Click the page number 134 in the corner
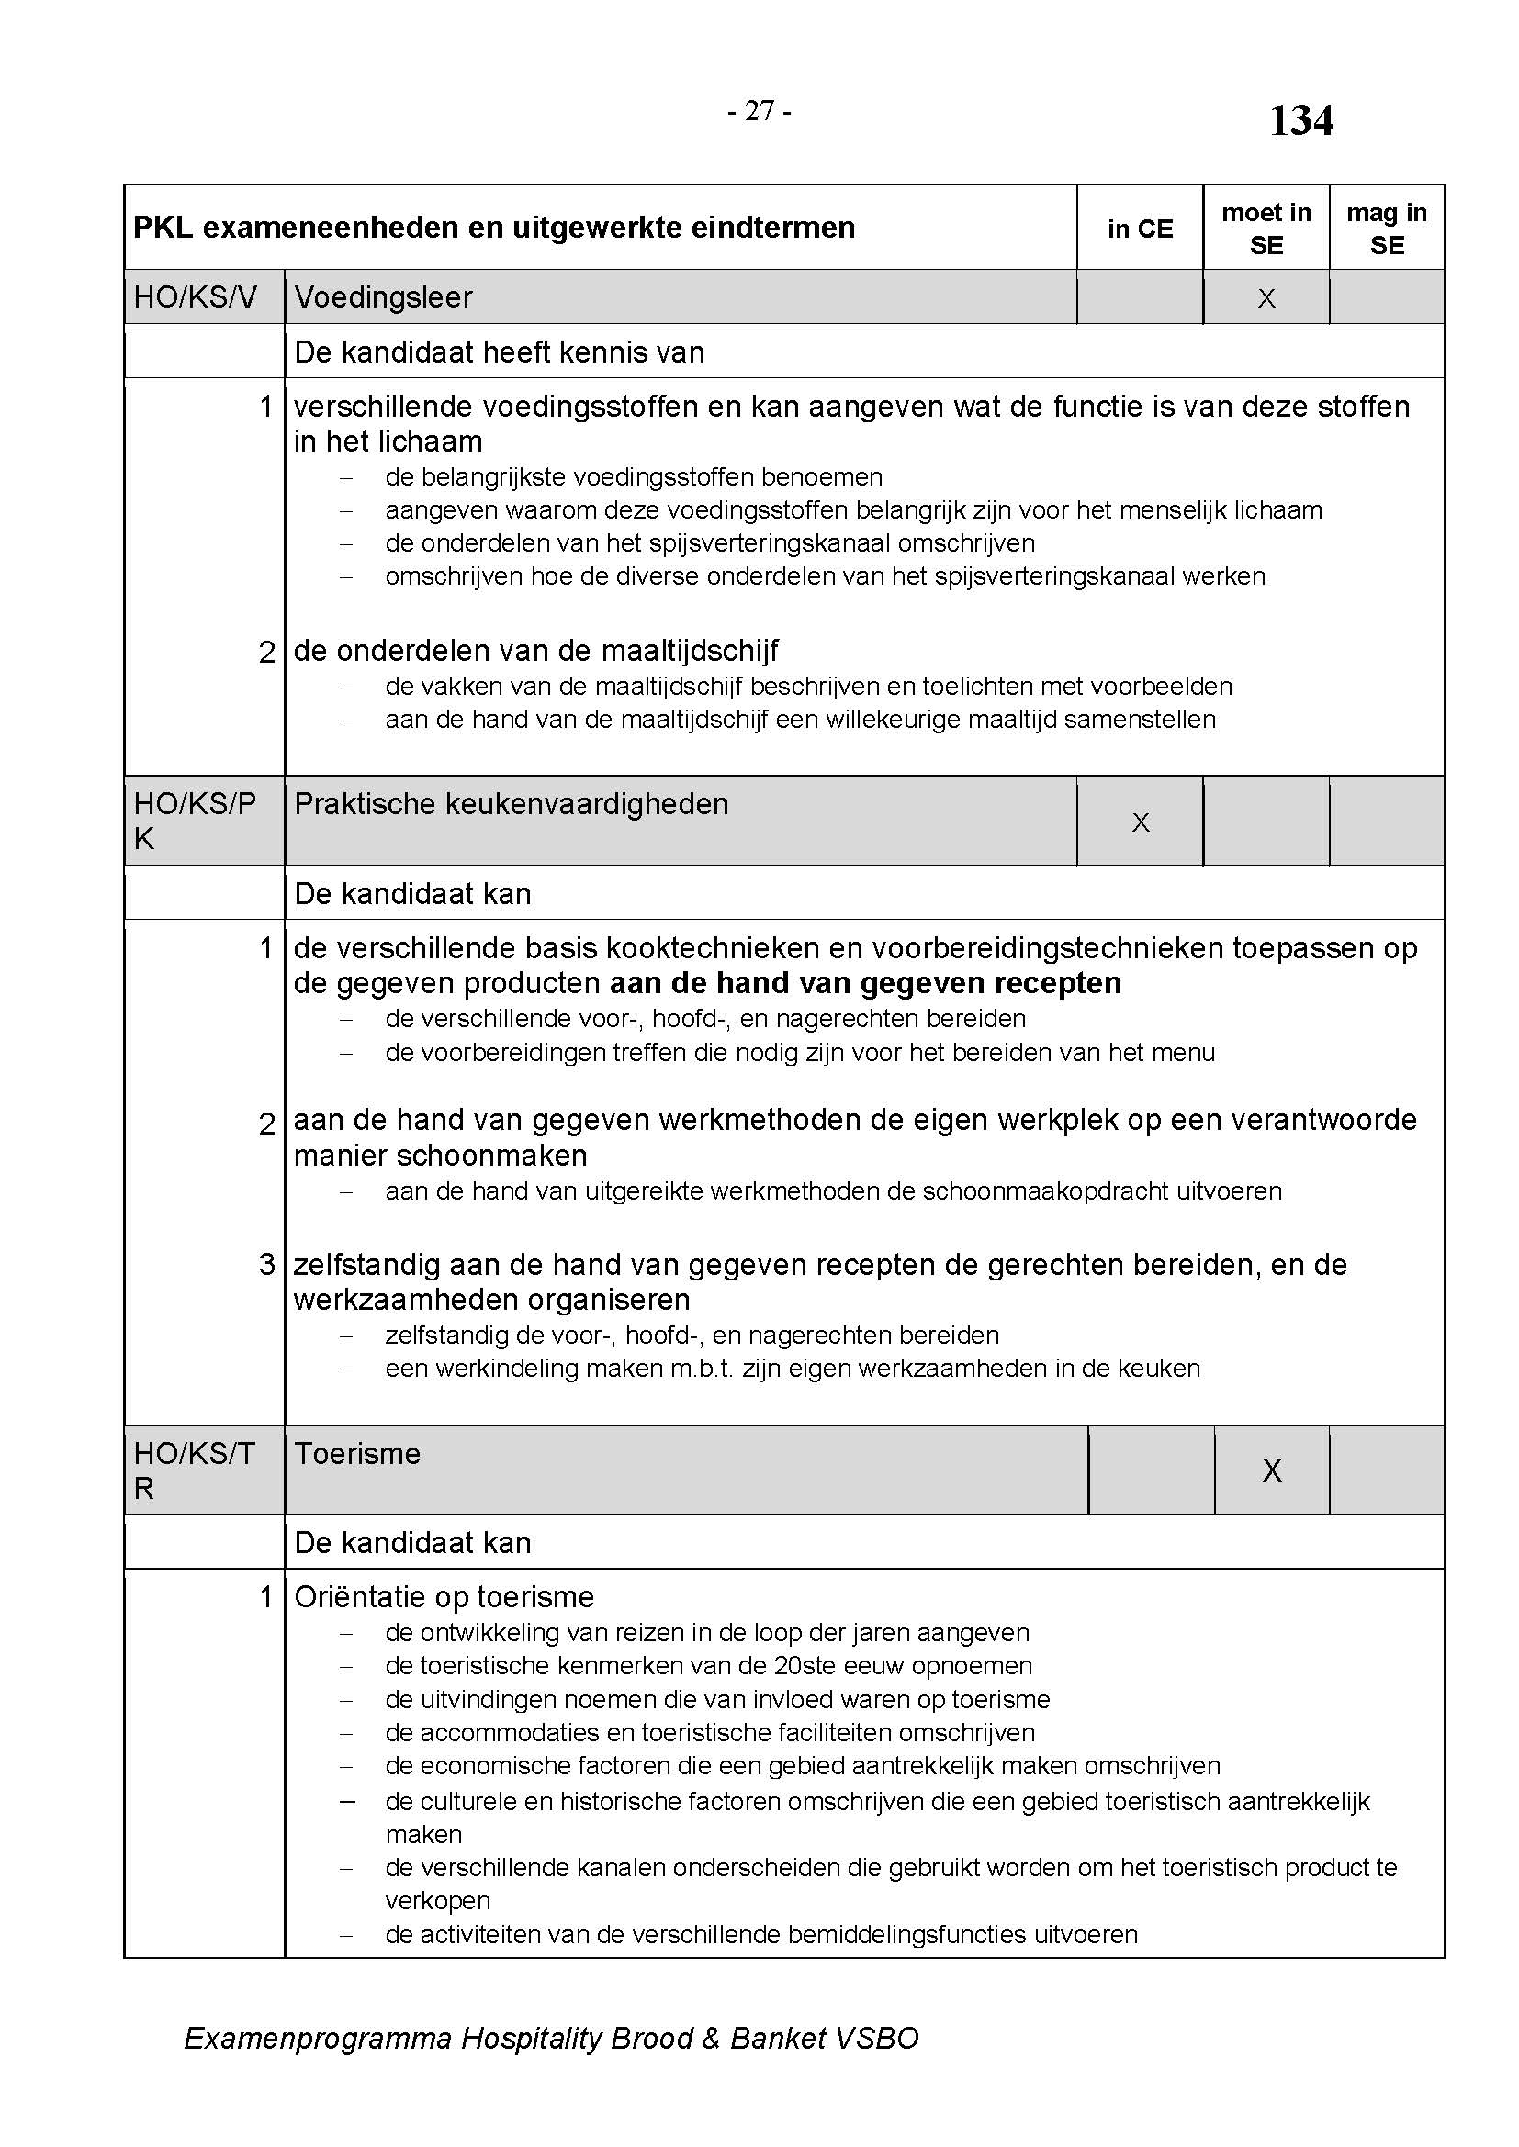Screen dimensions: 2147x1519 tap(1300, 121)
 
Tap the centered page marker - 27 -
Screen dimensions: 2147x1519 tap(759, 111)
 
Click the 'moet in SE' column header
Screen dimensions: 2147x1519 tap(1266, 229)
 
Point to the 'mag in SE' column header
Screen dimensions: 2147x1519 tap(1386, 229)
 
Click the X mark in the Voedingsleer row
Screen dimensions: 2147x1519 tap(1266, 298)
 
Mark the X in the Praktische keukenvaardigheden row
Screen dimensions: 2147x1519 tap(1141, 822)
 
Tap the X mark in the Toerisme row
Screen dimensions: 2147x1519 tap(1271, 1470)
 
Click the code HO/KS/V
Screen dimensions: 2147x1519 tap(195, 297)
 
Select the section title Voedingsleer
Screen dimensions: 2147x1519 tap(384, 297)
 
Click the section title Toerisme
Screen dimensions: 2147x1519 tap(357, 1453)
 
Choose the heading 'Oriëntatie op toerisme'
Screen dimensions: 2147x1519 tap(444, 1596)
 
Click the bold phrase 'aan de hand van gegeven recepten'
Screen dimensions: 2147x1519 tap(865, 983)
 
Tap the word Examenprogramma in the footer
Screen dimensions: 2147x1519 tap(318, 2038)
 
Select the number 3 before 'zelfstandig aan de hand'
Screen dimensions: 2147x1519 tap(266, 1264)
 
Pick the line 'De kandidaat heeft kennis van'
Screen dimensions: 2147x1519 tap(500, 352)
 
